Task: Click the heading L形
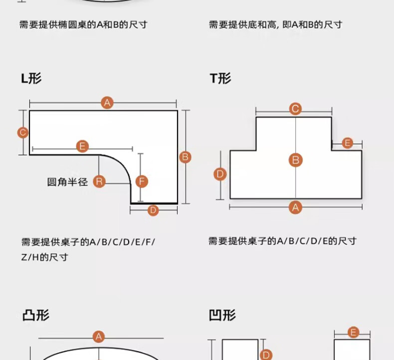click(31, 78)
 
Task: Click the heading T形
click(220, 78)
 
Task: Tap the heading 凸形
click(36, 315)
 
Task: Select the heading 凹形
click(222, 315)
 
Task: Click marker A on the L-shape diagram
click(107, 103)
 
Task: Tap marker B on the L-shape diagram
click(186, 157)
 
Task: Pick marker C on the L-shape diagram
click(22, 133)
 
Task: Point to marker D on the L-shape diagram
click(153, 210)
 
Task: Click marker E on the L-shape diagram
click(82, 147)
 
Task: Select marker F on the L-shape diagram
click(142, 181)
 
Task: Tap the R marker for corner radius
click(99, 181)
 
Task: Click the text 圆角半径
click(67, 182)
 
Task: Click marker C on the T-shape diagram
click(295, 109)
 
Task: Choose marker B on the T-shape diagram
click(296, 160)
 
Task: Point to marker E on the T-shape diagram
click(348, 143)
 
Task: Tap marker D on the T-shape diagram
click(220, 174)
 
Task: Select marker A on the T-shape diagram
click(296, 206)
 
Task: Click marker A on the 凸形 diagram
click(99, 337)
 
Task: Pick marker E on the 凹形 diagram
click(353, 333)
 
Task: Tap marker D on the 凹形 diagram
click(266, 355)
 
